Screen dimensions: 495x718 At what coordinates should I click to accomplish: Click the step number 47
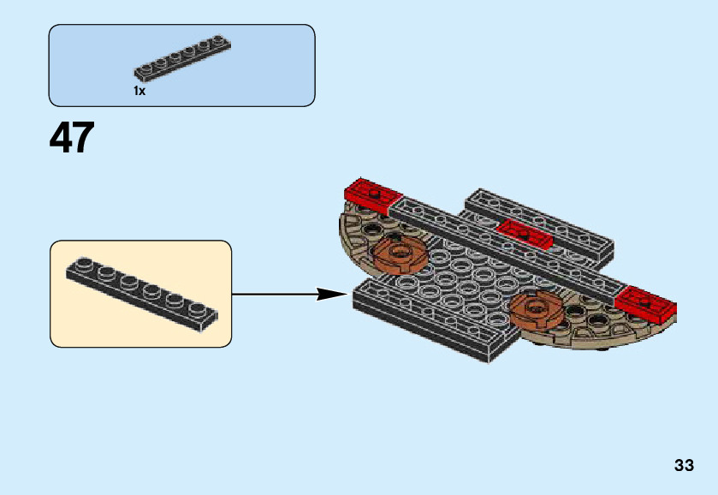(72, 138)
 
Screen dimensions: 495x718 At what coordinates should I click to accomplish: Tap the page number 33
(684, 466)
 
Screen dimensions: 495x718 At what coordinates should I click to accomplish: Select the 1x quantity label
(139, 91)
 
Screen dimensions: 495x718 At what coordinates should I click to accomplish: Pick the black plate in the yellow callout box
(141, 292)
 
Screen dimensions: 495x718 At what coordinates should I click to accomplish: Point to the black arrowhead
(330, 295)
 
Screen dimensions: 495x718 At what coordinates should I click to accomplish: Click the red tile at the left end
(370, 195)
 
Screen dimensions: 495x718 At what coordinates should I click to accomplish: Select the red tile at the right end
(646, 303)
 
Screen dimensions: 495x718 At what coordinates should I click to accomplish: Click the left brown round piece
(398, 253)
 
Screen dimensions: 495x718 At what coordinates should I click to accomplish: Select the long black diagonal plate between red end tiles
(505, 247)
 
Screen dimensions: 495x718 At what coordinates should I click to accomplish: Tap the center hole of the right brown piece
(536, 306)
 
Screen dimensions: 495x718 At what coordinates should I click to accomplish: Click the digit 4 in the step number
(61, 138)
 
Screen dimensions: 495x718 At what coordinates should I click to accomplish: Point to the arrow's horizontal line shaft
(274, 295)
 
